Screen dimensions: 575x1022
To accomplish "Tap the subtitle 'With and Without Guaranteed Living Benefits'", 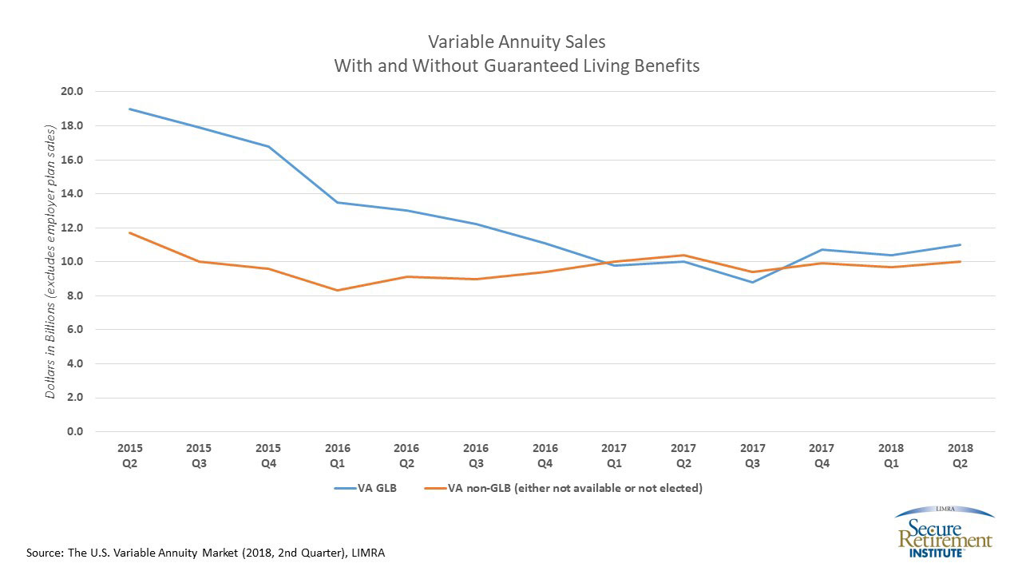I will [517, 65].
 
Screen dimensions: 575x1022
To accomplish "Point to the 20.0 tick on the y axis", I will [73, 91].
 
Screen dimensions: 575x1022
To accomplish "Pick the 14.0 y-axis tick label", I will [73, 193].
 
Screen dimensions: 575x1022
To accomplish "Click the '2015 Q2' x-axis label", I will [129, 454].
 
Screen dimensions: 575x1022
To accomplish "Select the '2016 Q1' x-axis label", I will [337, 454].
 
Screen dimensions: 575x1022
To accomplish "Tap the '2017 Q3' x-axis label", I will [752, 454].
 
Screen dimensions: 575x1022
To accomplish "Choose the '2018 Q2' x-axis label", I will [960, 454].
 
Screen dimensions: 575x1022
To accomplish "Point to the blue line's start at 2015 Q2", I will [129, 109].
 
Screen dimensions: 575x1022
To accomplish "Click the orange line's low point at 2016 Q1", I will [337, 290].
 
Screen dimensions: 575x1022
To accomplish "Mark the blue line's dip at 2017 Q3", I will [752, 282].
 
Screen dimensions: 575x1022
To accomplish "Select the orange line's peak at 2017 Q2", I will [683, 255].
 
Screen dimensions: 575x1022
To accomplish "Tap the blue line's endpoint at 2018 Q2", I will [960, 244].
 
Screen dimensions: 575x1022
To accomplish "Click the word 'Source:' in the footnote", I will [44, 553].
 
